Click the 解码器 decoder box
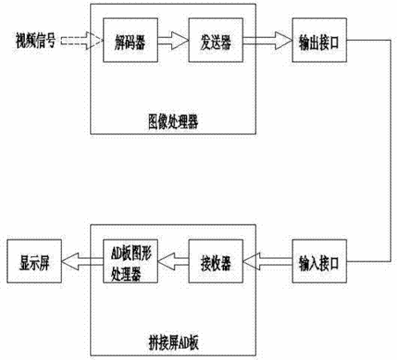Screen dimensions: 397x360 tap(130, 40)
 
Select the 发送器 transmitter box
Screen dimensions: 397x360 tap(216, 40)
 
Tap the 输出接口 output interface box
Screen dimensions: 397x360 tap(319, 40)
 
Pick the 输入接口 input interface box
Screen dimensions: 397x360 tap(319, 261)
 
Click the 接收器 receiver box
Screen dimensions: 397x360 tap(216, 261)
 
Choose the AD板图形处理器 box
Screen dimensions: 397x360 tap(130, 261)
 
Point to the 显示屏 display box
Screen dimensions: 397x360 tap(34, 261)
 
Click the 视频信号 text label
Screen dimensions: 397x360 tap(35, 41)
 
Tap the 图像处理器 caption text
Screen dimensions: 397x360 tap(173, 122)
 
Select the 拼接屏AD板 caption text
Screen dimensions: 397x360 tap(174, 342)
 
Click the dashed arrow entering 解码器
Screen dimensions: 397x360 tap(82, 41)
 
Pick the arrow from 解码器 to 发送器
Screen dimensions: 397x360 tap(173, 41)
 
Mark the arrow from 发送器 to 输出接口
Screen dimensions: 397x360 tap(267, 41)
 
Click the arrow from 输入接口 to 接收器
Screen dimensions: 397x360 tap(267, 262)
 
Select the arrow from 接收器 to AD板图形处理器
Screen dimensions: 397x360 tap(173, 262)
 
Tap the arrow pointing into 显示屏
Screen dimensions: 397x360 tap(82, 262)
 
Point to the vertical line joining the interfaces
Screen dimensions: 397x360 tap(391, 150)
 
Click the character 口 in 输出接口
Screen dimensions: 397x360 tap(334, 42)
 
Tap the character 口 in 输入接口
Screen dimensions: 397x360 tap(334, 263)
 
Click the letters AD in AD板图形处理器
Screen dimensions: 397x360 tap(117, 253)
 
